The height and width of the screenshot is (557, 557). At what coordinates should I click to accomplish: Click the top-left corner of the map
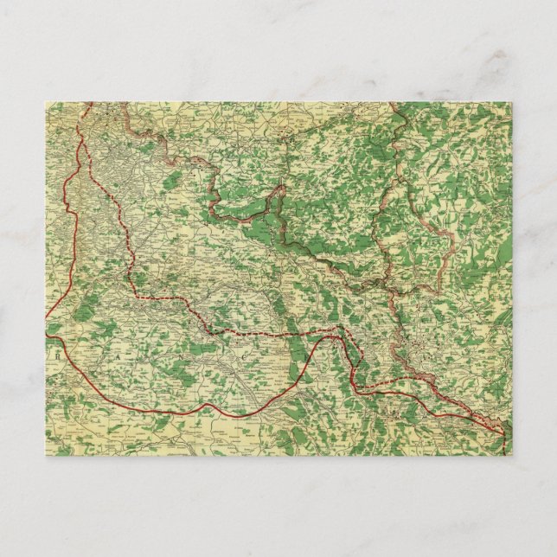tap(46, 102)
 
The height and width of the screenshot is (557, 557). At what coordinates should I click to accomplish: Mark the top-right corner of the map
tap(511, 102)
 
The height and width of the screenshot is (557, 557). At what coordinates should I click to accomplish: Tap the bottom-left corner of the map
tap(46, 455)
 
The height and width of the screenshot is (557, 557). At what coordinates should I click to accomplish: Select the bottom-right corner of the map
tap(511, 455)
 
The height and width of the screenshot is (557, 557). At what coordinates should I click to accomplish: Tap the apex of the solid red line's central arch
tap(329, 337)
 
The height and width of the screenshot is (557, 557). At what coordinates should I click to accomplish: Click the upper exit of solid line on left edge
tap(47, 317)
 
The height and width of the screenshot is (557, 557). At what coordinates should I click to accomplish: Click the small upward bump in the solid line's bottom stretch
tap(208, 405)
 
